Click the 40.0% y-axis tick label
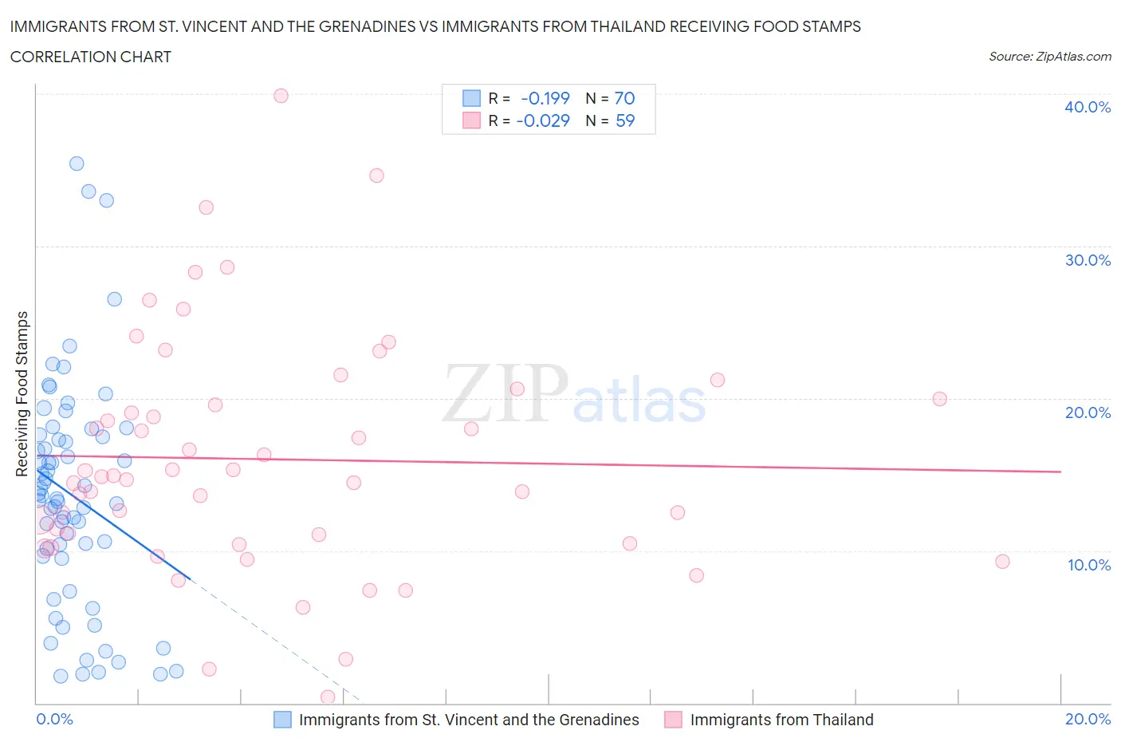coord(1087,107)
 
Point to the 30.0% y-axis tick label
coord(1087,260)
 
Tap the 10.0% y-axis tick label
coord(1088,565)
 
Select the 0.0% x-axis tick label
coord(54,719)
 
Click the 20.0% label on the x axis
coord(1088,719)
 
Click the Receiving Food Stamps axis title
coord(22,393)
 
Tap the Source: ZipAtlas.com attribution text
coord(1049,57)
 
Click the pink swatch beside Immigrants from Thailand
coord(674,720)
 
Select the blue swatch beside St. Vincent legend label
coord(282,720)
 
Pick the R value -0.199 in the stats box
coord(545,98)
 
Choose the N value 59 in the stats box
coord(625,120)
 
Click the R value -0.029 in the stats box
coord(543,120)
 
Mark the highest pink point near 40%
coord(281,96)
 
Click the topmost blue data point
coord(77,164)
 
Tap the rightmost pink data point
coord(1002,562)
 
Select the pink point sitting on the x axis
coord(328,697)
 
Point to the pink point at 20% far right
coord(940,399)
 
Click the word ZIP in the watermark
coord(505,393)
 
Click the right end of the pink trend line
coord(1060,472)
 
